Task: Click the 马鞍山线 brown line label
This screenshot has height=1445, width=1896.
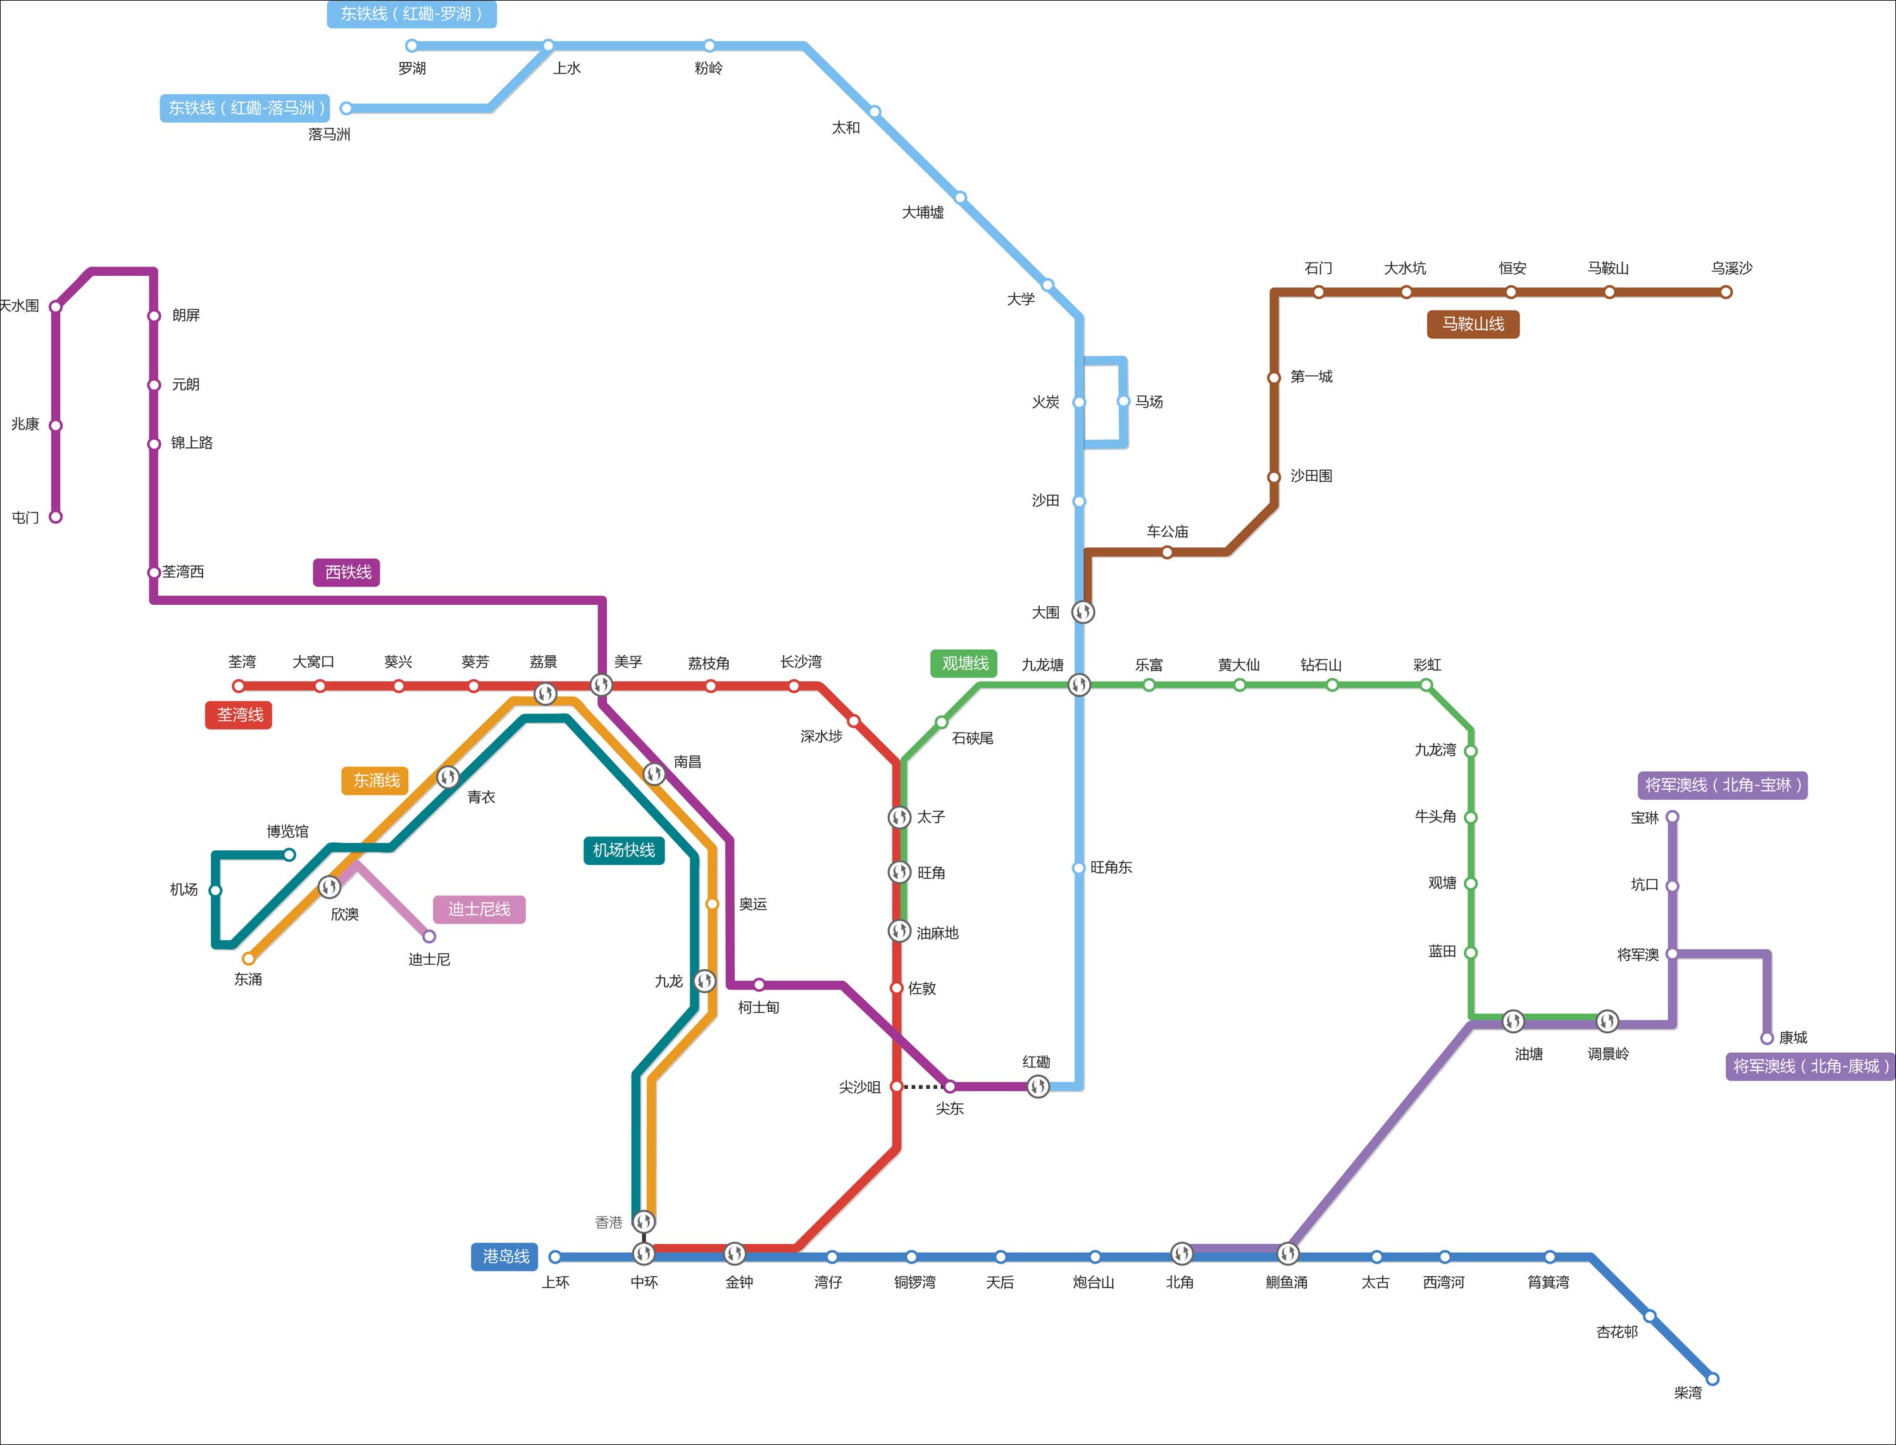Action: [1473, 325]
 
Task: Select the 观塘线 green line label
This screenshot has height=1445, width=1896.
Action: [964, 663]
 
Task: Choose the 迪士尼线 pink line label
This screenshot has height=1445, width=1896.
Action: [479, 909]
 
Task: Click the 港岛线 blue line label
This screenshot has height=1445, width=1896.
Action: [505, 1256]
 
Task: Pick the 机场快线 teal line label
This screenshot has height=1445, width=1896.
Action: [624, 850]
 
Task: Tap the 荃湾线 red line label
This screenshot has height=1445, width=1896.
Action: [239, 715]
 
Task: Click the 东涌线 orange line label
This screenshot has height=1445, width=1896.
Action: [376, 780]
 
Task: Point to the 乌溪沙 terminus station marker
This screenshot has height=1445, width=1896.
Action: [1726, 292]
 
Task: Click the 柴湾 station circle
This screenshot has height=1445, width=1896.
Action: [1712, 1379]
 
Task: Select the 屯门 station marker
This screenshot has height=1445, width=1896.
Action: [56, 517]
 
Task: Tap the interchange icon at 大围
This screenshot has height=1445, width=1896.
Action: [1083, 612]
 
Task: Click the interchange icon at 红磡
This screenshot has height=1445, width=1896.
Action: [1038, 1086]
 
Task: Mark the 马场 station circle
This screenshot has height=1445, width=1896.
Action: [1123, 401]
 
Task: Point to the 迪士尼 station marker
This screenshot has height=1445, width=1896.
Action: [429, 936]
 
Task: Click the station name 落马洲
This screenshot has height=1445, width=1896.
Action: [330, 134]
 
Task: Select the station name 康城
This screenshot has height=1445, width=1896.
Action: [1793, 1038]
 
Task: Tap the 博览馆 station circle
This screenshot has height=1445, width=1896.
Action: [290, 854]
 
